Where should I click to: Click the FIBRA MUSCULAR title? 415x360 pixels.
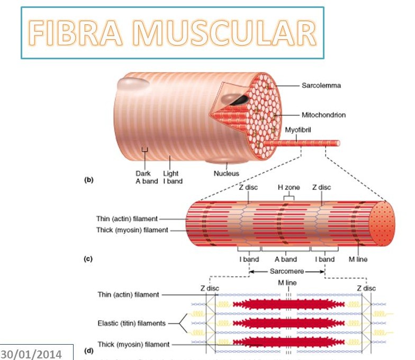pos(172,33)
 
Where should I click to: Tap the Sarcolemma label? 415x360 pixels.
pos(321,85)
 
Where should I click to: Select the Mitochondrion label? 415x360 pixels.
pos(323,115)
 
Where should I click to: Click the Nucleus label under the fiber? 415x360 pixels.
pos(226,173)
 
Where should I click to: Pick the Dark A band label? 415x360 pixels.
pos(143,177)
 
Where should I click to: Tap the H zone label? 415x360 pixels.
pos(288,187)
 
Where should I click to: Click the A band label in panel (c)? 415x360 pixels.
pos(285,259)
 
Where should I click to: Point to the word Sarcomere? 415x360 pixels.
pos(286,271)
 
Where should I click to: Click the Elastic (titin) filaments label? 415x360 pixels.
pos(131,323)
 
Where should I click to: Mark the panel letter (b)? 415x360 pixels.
pos(89,180)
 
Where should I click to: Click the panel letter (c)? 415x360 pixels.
pos(89,259)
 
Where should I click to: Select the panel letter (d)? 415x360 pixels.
pos(89,351)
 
